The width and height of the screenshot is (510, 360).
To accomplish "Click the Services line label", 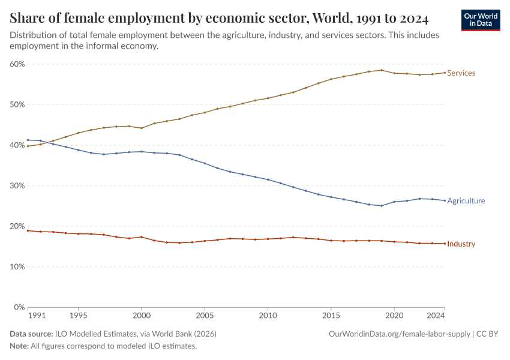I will pyautogui.click(x=461, y=73).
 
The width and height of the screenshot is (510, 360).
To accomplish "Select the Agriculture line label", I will pyautogui.click(x=466, y=201).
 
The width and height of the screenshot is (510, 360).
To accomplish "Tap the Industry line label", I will pyautogui.click(x=461, y=244).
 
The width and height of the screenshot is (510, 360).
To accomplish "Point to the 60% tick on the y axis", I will pyautogui.click(x=17, y=64).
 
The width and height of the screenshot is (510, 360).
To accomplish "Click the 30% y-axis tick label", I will pyautogui.click(x=17, y=186).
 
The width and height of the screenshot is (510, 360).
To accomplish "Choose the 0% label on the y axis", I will pyautogui.click(x=19, y=307).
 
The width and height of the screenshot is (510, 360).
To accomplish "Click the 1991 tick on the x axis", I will pyautogui.click(x=36, y=315).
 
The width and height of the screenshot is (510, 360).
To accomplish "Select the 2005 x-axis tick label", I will pyautogui.click(x=205, y=315).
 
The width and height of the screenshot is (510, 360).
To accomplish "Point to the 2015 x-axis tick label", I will pyautogui.click(x=331, y=315).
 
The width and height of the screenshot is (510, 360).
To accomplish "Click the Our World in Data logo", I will pyautogui.click(x=481, y=20).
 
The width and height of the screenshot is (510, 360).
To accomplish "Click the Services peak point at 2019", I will pyautogui.click(x=381, y=70).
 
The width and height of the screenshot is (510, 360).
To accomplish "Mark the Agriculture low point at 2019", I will pyautogui.click(x=381, y=206).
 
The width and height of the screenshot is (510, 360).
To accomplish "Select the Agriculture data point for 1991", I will pyautogui.click(x=28, y=140).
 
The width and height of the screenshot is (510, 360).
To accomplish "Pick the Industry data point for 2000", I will pyautogui.click(x=142, y=237).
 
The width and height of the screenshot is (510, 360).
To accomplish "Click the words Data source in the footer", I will pyautogui.click(x=31, y=334).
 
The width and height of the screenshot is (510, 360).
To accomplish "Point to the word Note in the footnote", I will pyautogui.click(x=19, y=346).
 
